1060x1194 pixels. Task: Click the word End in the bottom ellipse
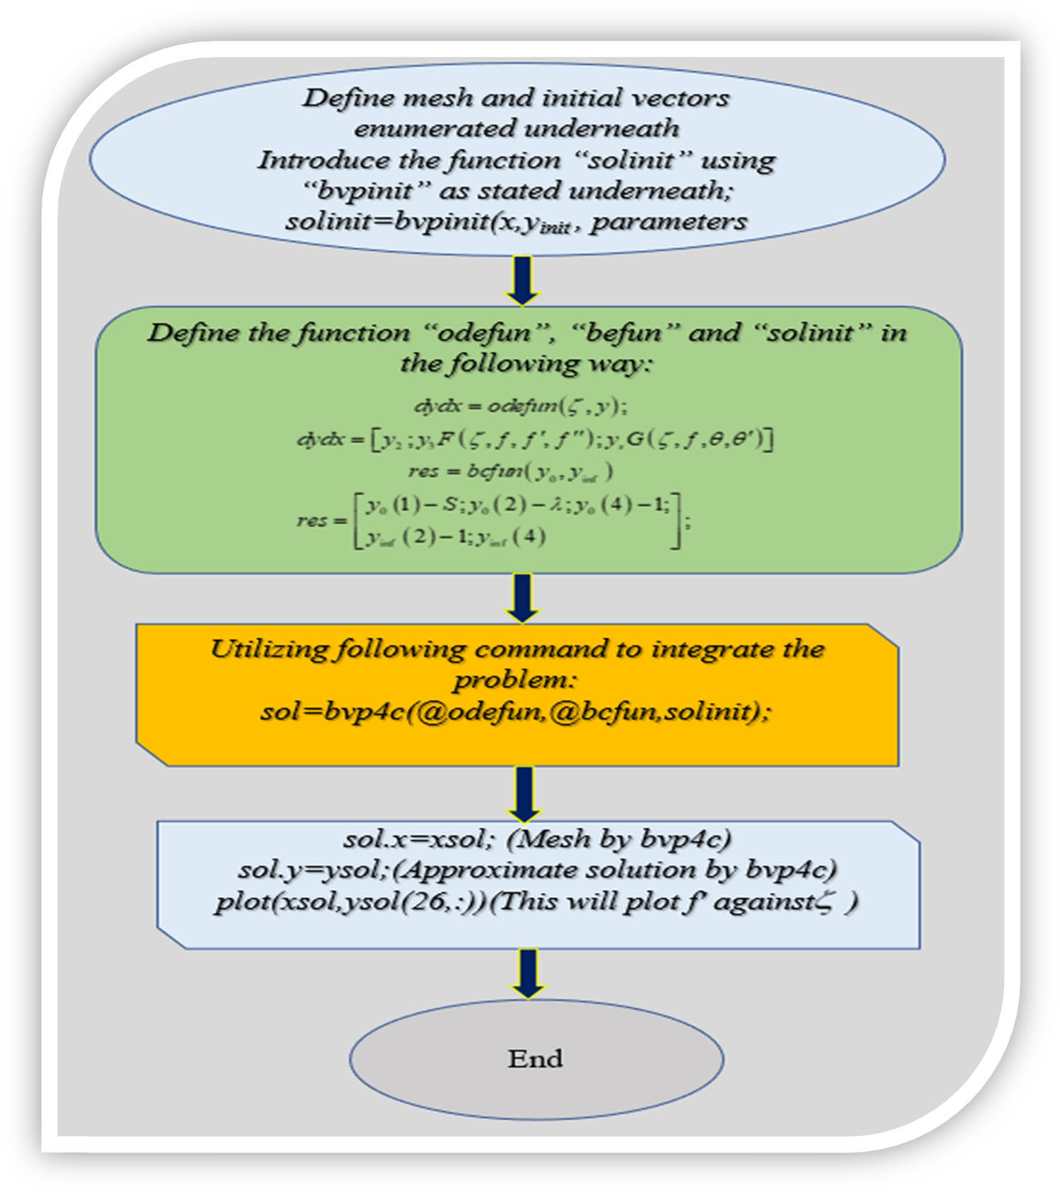pyautogui.click(x=535, y=1058)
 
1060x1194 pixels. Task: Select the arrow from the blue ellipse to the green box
pyautogui.click(x=523, y=280)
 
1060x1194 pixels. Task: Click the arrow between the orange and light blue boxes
pyautogui.click(x=524, y=793)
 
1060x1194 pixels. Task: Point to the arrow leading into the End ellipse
pyautogui.click(x=528, y=972)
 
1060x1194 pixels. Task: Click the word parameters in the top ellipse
pyautogui.click(x=669, y=223)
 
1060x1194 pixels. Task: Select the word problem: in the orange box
pyautogui.click(x=515, y=680)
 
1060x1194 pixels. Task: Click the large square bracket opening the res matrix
pyautogui.click(x=358, y=521)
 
